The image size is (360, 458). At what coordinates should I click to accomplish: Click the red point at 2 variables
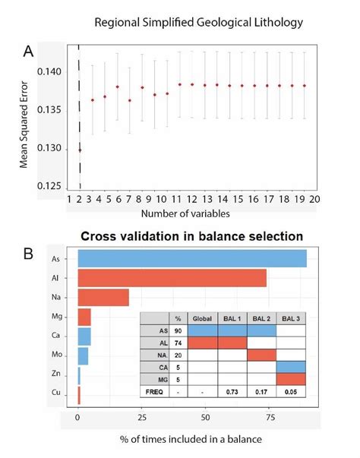(81, 150)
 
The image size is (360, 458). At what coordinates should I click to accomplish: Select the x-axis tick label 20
(314, 200)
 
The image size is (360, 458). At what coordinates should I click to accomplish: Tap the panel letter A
(28, 52)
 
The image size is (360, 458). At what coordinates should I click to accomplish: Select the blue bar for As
(192, 258)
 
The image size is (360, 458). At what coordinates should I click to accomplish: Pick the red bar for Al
(172, 278)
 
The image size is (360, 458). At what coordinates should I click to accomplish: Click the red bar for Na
(103, 298)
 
